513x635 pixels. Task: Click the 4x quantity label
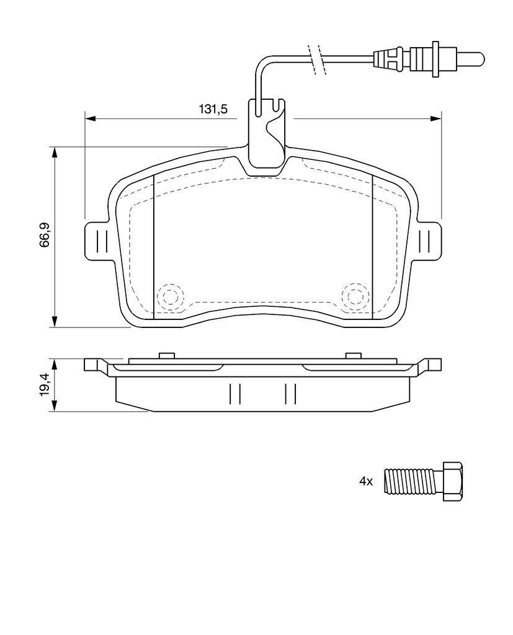365,481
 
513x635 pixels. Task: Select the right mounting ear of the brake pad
427,241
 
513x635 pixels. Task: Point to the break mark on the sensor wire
316,59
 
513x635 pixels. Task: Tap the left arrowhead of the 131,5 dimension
90,118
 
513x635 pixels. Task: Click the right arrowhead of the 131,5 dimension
436,118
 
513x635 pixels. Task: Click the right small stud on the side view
354,355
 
